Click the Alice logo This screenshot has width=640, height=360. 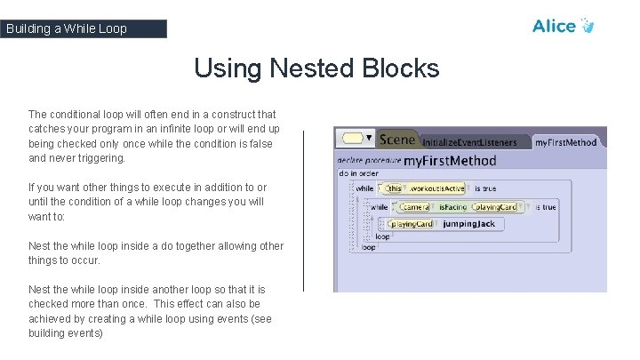(562, 26)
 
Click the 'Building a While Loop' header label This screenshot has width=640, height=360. (67, 28)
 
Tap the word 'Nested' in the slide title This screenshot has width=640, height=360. (305, 68)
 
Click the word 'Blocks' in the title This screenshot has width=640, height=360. (399, 68)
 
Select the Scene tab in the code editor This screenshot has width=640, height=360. (396, 140)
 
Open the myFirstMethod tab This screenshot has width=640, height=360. (565, 142)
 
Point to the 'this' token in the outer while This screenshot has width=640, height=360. (394, 188)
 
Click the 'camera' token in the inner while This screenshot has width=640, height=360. (414, 207)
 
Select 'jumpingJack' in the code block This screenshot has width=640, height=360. (468, 224)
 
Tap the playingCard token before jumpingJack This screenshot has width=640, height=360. (412, 224)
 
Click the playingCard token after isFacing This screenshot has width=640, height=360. (495, 207)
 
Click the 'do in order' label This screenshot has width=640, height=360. (358, 174)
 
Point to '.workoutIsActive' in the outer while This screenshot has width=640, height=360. (436, 188)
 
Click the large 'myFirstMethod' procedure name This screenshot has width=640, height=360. (450, 161)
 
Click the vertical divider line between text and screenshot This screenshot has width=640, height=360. (303, 211)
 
